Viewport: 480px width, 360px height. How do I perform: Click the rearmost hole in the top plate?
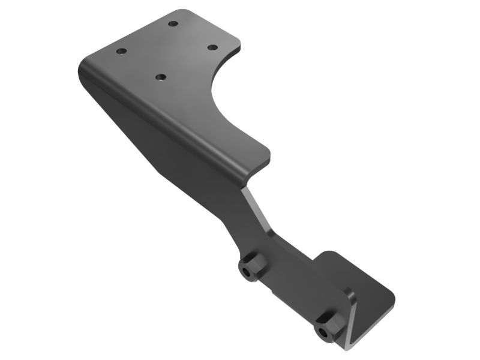(173, 23)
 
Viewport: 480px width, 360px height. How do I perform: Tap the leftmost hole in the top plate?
(121, 52)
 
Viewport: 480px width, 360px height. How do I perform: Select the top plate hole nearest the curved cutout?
(212, 47)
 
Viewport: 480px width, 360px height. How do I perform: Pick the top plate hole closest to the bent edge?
(160, 77)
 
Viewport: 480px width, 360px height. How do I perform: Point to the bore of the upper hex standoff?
(247, 273)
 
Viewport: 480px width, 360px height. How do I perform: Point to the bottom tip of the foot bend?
(344, 346)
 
